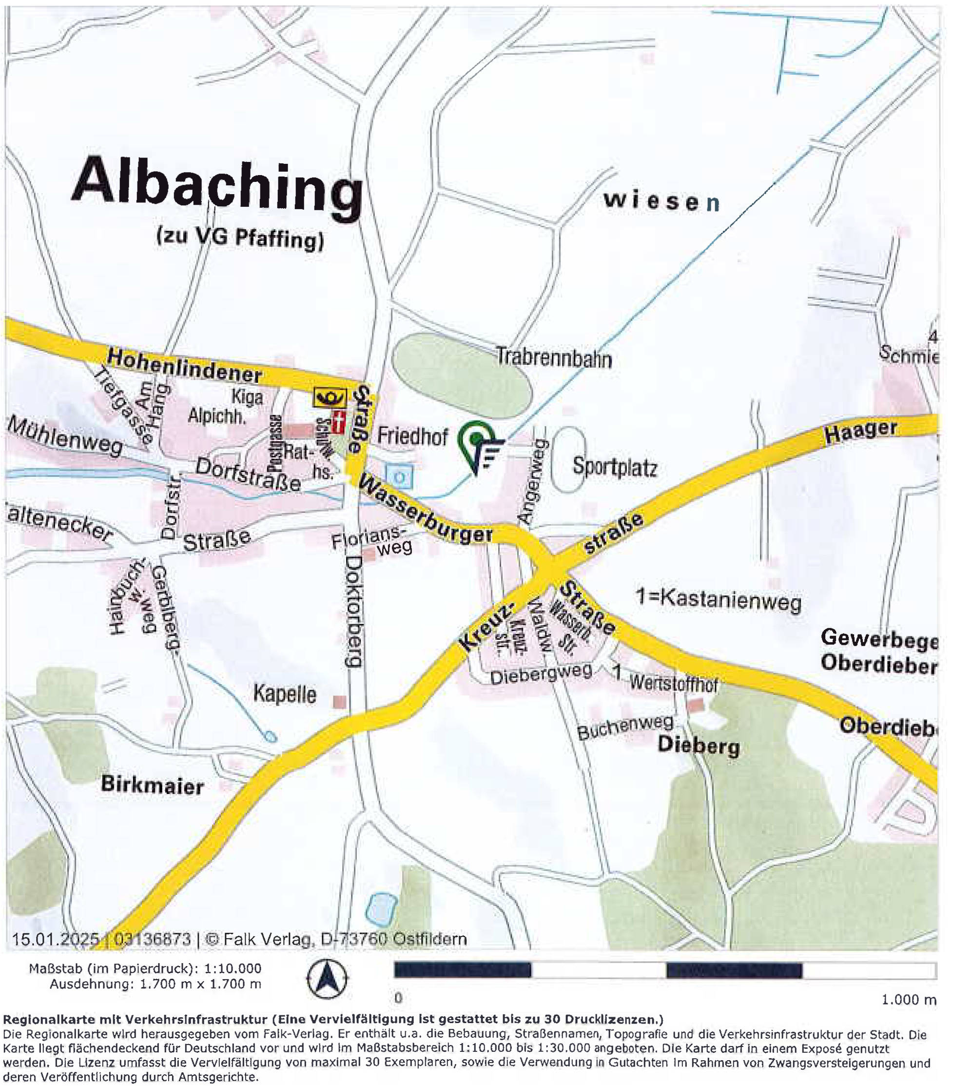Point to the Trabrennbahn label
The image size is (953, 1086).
(554, 357)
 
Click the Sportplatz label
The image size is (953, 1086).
(615, 467)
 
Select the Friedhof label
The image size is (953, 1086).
(412, 436)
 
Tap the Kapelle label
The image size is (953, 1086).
(284, 693)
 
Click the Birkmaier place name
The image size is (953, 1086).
(153, 785)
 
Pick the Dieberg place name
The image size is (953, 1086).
(698, 746)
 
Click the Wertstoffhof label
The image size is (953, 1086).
(673, 684)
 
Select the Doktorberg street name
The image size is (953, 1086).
(353, 611)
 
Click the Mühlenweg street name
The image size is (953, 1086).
(65, 437)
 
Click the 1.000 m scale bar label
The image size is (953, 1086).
(908, 999)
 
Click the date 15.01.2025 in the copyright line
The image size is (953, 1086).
(55, 939)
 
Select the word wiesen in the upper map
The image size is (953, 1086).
(661, 201)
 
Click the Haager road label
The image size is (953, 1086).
(860, 431)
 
